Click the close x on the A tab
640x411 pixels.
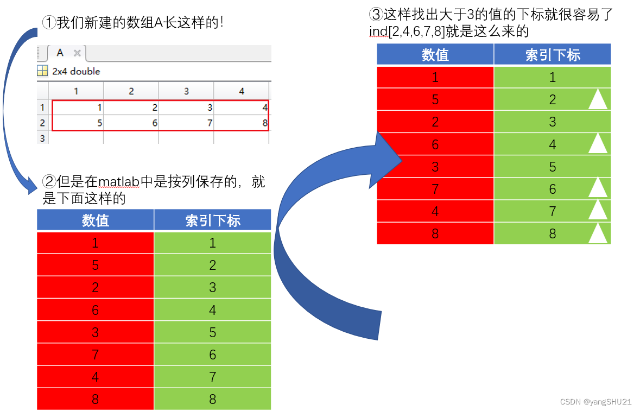77,53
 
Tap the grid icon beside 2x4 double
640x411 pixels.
42,71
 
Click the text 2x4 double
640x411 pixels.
76,71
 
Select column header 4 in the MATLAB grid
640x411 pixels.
242,91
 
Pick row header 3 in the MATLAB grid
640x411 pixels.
42,138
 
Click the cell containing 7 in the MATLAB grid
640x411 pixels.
186,123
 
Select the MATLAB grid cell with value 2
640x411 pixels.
131,108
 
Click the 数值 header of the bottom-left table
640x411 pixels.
96,220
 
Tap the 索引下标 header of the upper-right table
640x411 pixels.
552,54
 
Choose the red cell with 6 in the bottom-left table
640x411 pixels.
96,309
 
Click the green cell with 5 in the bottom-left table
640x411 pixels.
212,332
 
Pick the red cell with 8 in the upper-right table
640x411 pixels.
435,233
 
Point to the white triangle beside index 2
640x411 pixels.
598,99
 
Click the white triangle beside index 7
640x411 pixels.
598,210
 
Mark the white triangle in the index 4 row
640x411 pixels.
598,144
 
